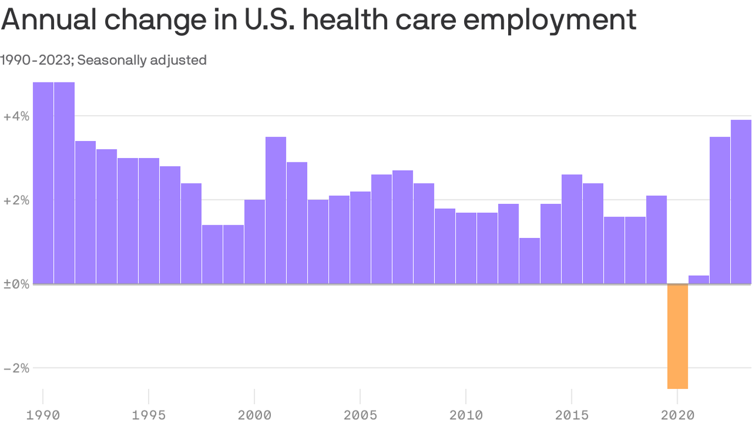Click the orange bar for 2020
(x=677, y=336)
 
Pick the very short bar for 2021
(x=699, y=280)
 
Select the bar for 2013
(x=530, y=261)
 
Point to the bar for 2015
(x=572, y=229)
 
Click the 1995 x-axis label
(x=149, y=414)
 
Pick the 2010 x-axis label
(x=466, y=414)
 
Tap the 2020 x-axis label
(x=677, y=414)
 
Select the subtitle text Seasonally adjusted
(x=141, y=60)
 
